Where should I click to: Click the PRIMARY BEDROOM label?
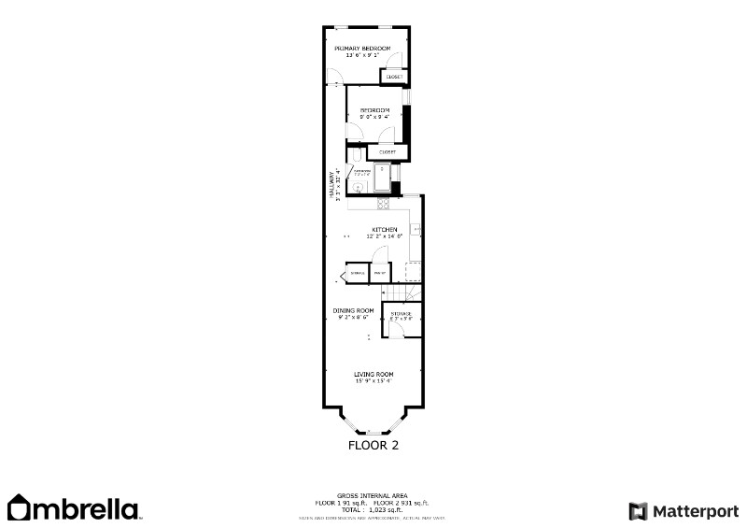point(362,48)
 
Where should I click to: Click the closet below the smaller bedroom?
point(387,151)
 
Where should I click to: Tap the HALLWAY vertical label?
point(331,185)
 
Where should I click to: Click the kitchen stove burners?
point(382,204)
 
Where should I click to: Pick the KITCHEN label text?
point(385,229)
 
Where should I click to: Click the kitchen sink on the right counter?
point(416,228)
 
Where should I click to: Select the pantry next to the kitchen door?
point(380,272)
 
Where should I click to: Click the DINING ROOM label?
point(354,310)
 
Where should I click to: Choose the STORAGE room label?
point(402,314)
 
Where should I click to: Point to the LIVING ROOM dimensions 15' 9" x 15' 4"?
point(373,380)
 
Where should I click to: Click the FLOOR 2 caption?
point(373,446)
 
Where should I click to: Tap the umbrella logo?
point(74,508)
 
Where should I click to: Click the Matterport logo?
point(684,510)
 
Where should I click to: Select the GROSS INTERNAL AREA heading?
point(372,495)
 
